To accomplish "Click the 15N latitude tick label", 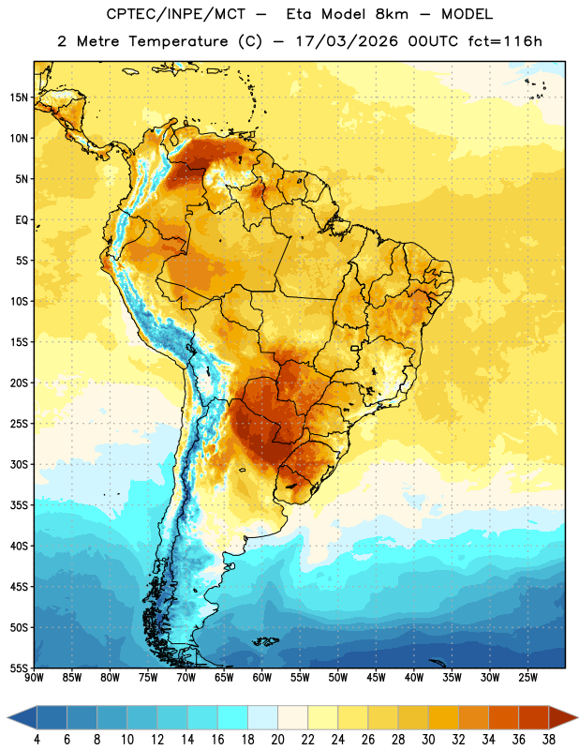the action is [19, 97].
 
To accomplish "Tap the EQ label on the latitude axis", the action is [22, 220].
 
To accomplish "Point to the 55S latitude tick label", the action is [19, 668].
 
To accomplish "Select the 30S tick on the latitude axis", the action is [19, 464].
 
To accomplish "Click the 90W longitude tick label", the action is [34, 678].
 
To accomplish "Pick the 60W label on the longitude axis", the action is [262, 678].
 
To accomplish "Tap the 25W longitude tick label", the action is [527, 678].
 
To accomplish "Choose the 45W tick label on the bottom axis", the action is [376, 678].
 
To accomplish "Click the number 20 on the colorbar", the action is [277, 740].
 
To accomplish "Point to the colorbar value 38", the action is [549, 740].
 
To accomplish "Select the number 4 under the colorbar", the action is [37, 740].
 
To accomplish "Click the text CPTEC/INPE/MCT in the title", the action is [175, 14].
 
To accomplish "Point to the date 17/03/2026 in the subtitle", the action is [347, 41].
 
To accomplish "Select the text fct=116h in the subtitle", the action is [505, 41].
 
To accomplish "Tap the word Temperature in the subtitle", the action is [178, 41].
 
